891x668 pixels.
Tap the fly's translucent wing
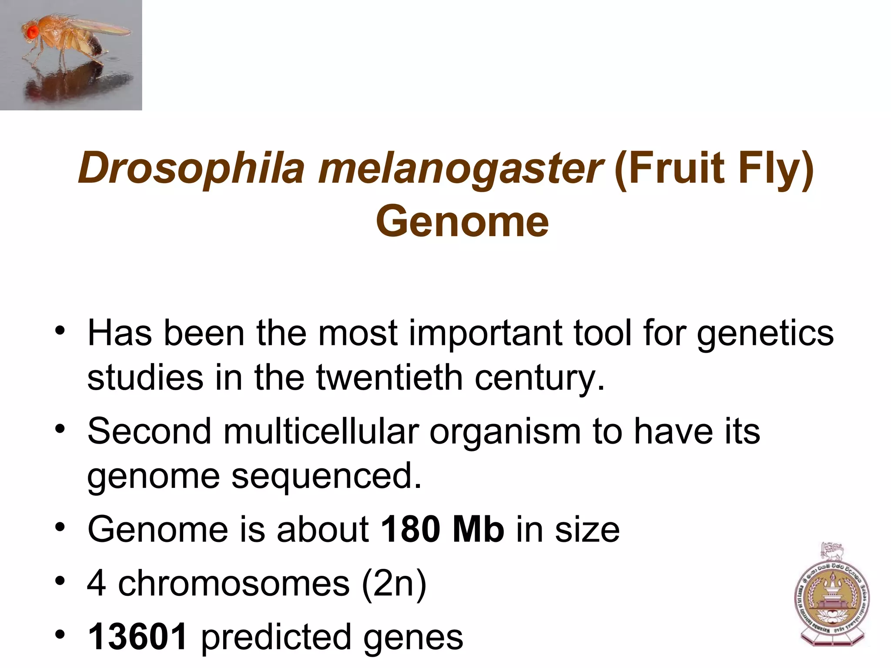coord(100,26)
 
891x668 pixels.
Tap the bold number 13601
coord(138,637)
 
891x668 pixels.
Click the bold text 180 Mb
coord(442,529)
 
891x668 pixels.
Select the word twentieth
coord(389,377)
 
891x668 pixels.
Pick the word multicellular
coord(321,431)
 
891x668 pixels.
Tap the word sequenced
coord(326,476)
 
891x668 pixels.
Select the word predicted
coord(276,637)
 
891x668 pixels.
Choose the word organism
coord(505,431)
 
